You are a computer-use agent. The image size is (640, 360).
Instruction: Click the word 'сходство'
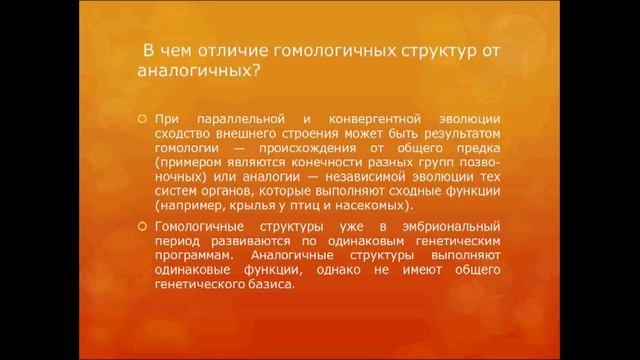pos(184,134)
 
